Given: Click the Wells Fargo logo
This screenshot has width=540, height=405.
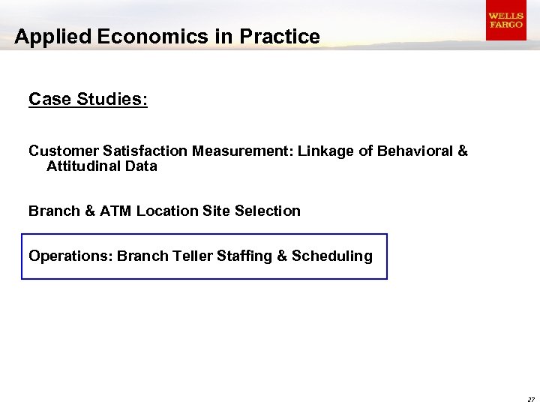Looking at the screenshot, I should click(x=505, y=20).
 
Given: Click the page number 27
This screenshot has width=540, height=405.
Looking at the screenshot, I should click(x=531, y=399).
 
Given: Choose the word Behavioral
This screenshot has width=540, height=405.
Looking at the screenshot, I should click(x=415, y=151).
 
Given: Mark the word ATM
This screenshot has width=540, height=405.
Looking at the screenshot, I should click(x=115, y=211).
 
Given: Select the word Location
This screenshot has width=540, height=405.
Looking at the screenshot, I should click(x=167, y=211).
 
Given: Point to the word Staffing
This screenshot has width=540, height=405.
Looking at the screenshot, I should click(x=244, y=256).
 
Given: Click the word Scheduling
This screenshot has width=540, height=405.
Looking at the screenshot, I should click(x=332, y=256).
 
